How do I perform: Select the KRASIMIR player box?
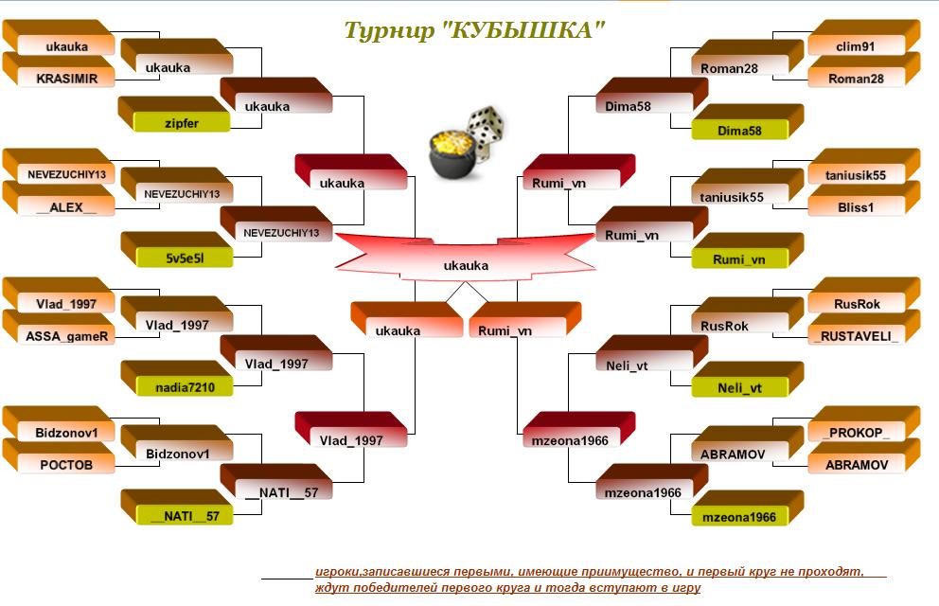(66, 78)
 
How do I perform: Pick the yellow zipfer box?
(182, 122)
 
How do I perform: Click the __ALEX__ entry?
(66, 206)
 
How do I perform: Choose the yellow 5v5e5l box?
(185, 258)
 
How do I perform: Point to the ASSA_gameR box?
(66, 335)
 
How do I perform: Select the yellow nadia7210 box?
(185, 387)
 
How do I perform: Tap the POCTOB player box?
(66, 464)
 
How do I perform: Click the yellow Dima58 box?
(739, 130)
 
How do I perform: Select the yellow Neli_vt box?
(739, 387)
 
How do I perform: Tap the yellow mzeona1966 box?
(739, 516)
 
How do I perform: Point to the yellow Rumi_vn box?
(739, 258)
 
